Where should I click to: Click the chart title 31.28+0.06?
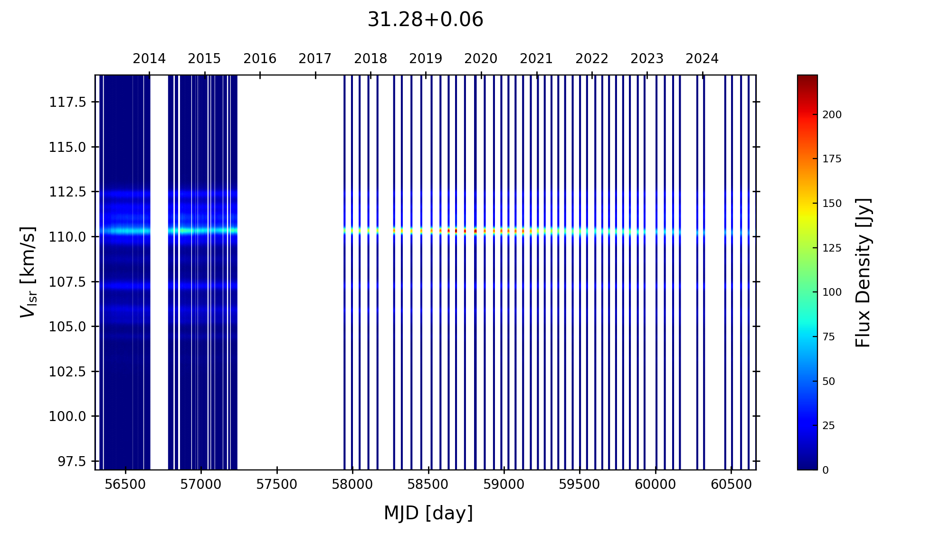pos(425,20)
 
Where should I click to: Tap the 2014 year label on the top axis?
pos(149,59)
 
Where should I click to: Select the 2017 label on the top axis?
pos(315,59)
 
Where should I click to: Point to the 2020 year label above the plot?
pos(481,59)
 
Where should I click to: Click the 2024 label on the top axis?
pos(702,59)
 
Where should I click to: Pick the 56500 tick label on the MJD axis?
pos(125,485)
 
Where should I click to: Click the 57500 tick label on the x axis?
pos(277,485)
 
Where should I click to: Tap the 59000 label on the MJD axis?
pos(504,485)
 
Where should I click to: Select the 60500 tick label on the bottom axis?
pos(731,485)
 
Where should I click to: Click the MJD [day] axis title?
pos(428,513)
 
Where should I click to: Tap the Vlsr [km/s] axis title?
pos(28,272)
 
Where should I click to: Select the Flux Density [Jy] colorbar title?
pos(863,272)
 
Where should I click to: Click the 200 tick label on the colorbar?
pos(832,115)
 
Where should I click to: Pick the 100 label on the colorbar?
pos(832,292)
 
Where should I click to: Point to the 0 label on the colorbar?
pos(826,470)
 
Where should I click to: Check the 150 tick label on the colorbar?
pos(832,204)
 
